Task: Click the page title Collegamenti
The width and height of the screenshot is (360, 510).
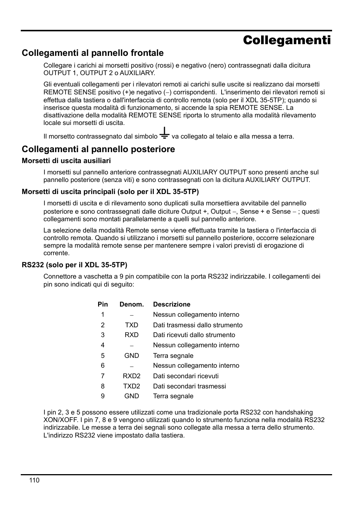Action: (287, 40)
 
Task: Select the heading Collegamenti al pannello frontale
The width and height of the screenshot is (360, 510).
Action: (92, 53)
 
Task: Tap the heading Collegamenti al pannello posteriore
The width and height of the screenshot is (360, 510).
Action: (98, 149)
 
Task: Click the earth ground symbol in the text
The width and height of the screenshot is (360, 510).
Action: (164, 133)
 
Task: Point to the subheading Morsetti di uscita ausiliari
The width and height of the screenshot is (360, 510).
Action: (66, 161)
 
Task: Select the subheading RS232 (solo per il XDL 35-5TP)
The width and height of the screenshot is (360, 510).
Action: (74, 265)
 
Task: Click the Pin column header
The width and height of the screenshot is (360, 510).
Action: (103, 304)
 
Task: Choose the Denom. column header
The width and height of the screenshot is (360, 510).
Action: (132, 304)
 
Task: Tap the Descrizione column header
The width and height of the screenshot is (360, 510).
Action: (172, 304)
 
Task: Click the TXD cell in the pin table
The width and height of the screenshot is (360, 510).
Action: (132, 325)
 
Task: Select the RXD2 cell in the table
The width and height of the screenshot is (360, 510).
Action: (132, 376)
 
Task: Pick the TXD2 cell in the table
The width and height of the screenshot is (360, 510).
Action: (132, 386)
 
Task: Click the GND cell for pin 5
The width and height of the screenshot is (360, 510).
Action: (132, 356)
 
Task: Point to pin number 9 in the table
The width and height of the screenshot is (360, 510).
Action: (103, 396)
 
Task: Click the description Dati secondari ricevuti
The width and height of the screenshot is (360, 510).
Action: (186, 376)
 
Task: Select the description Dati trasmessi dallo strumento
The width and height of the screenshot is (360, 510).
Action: (198, 325)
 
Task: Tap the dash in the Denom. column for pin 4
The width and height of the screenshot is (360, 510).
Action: (132, 345)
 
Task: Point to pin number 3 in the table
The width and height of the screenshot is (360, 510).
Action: (103, 335)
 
